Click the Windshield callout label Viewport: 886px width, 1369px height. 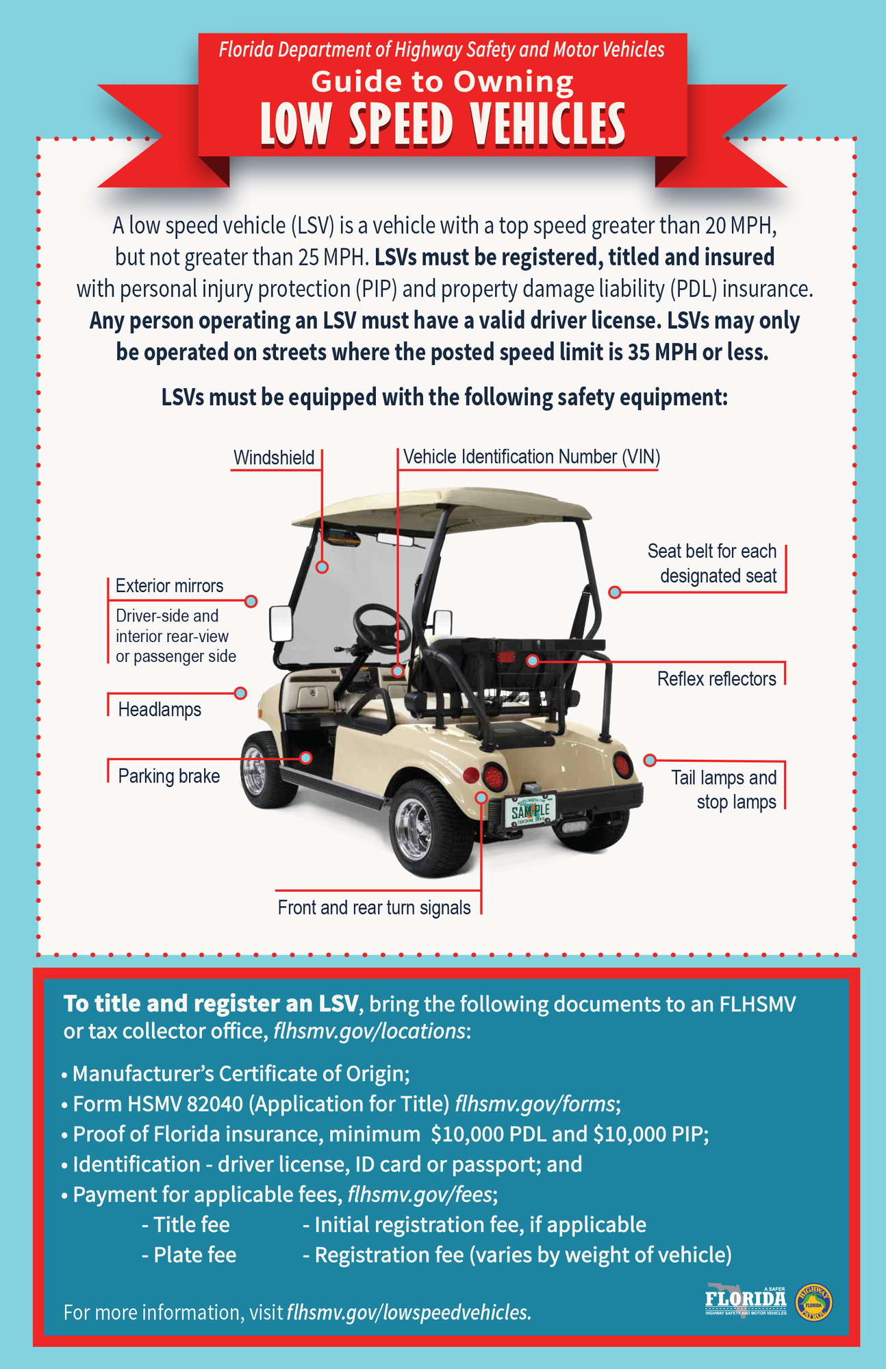(274, 457)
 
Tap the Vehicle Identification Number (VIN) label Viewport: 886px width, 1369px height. (531, 457)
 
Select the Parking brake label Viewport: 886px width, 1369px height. (169, 776)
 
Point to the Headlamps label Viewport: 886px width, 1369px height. (160, 709)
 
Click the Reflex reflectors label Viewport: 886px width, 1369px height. (717, 679)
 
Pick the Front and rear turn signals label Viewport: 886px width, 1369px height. (374, 908)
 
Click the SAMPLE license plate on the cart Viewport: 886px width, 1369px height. (530, 812)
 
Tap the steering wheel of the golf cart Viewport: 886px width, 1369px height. (381, 628)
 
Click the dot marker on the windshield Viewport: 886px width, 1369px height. (322, 567)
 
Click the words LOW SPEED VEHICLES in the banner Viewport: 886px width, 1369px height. (442, 126)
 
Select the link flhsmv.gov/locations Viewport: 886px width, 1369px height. (370, 1031)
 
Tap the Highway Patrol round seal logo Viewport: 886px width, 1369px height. (815, 1301)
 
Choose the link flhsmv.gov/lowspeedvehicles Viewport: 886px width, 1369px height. (409, 1312)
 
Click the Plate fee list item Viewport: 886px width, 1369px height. (189, 1255)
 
